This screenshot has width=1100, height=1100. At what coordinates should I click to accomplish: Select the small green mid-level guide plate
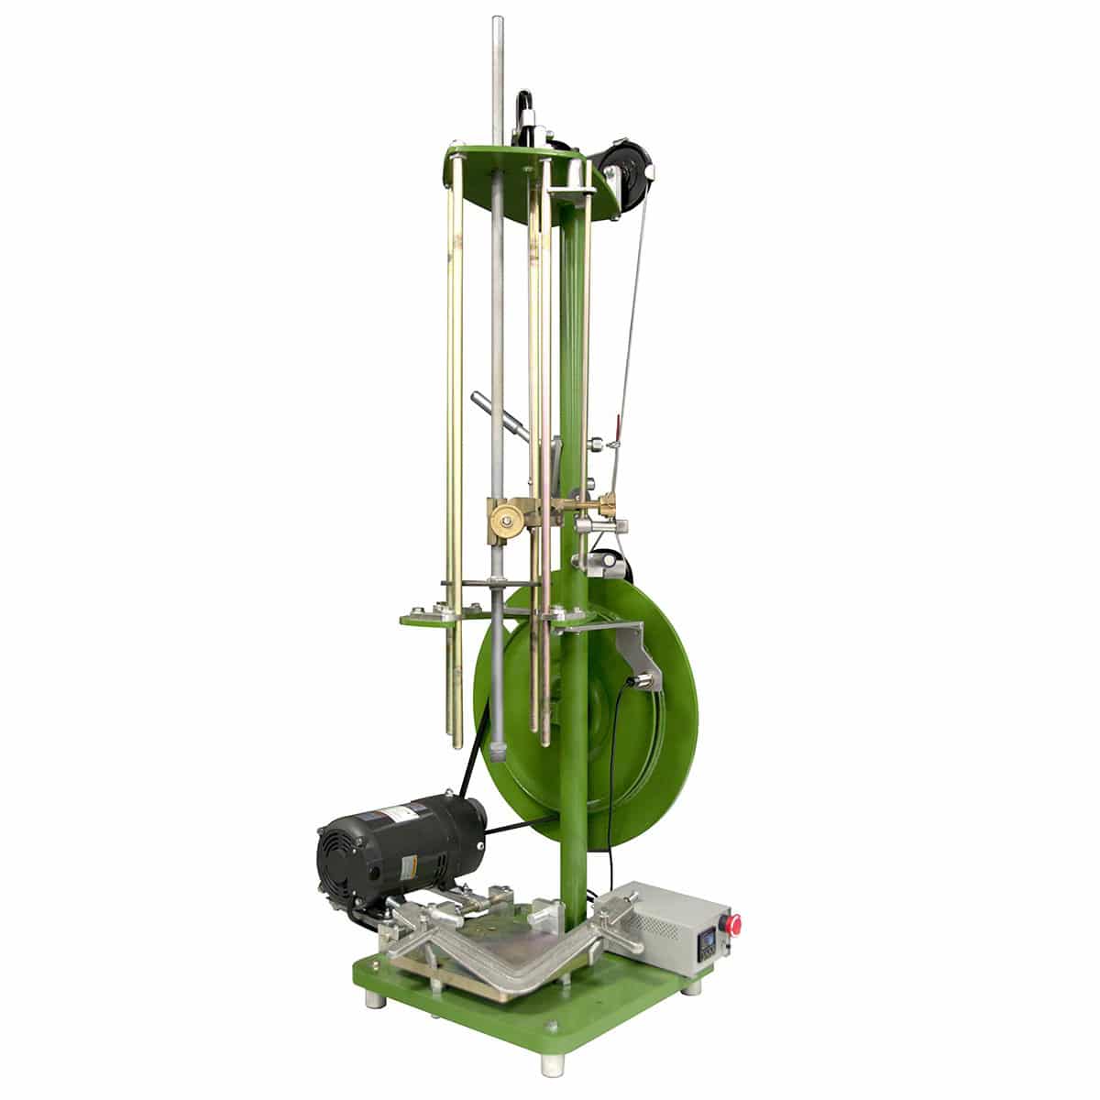431,620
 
